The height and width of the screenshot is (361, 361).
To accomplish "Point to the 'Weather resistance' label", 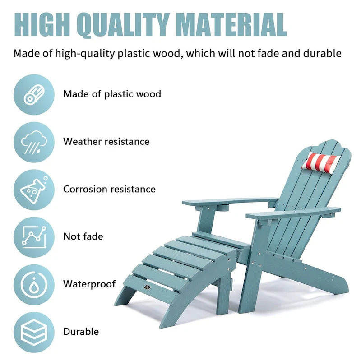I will pos(106,142).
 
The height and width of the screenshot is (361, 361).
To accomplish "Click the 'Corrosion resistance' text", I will pos(109,189).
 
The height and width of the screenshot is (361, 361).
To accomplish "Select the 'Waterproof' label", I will pos(89,284).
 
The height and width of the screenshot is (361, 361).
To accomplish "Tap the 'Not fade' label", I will pos(83,236).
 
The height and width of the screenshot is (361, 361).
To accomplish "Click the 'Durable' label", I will pos(81,332).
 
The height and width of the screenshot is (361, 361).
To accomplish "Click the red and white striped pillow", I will pos(321,162).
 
